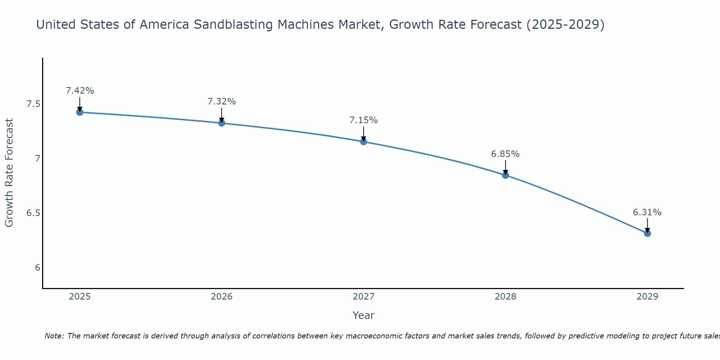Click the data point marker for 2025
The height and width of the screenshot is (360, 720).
(x=80, y=112)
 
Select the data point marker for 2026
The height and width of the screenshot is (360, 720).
(x=222, y=123)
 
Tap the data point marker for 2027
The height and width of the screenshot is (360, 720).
(x=364, y=142)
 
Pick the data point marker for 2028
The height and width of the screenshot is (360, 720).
(x=505, y=175)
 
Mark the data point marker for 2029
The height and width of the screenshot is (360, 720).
(x=647, y=233)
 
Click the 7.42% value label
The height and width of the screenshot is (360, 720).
(x=80, y=91)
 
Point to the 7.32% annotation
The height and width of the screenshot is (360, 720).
(x=222, y=102)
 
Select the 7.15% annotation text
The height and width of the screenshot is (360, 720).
(x=364, y=120)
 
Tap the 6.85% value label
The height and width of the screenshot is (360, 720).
(x=505, y=154)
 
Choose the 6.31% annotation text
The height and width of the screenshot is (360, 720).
(x=647, y=212)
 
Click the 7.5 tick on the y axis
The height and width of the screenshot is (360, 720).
(x=33, y=104)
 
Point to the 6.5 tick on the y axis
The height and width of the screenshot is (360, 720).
(x=33, y=213)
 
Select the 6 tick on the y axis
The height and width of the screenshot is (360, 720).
(x=37, y=268)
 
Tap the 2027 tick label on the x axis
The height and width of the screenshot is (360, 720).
(x=364, y=297)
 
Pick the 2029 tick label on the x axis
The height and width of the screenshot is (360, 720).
(x=647, y=297)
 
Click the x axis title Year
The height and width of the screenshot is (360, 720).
(x=364, y=315)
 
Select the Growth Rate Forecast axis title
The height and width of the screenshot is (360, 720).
(x=9, y=173)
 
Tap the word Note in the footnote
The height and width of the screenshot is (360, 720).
(x=54, y=336)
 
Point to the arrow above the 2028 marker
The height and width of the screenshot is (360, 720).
(x=505, y=168)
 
